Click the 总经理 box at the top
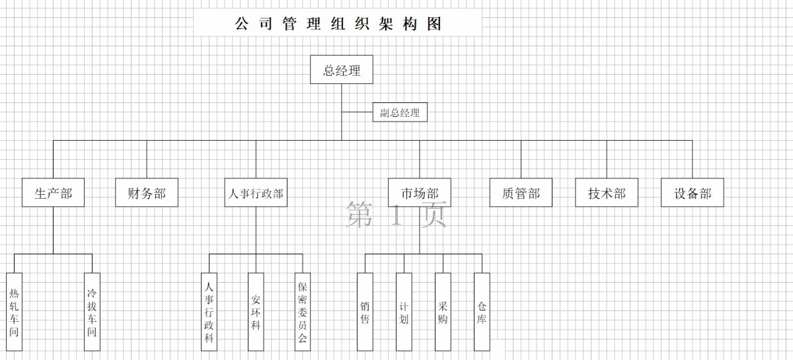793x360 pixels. coord(342,70)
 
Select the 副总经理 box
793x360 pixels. coord(400,112)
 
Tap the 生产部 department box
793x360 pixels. coord(53,193)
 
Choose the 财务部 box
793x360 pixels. coord(147,193)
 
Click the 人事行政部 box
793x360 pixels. coord(256,193)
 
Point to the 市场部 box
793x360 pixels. coord(420,193)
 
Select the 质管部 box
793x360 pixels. coord(521,193)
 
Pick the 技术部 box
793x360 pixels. coord(607,193)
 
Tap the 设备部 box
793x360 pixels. coord(693,193)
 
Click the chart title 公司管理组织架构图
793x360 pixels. coord(338,24)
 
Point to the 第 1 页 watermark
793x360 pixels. coord(396,215)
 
